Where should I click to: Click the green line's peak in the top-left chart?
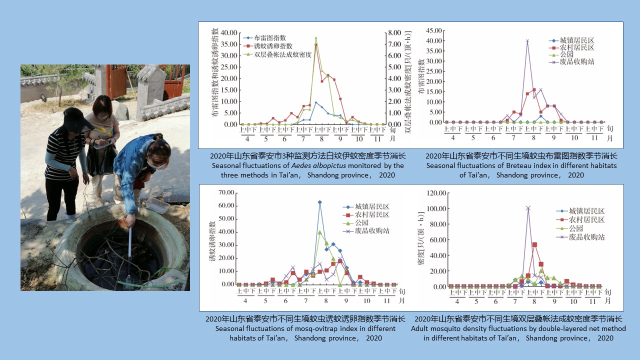pyautogui.click(x=315, y=37)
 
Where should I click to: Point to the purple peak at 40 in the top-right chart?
pyautogui.click(x=527, y=41)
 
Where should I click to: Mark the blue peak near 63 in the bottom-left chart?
pyautogui.click(x=319, y=202)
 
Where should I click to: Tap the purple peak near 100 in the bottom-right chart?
pyautogui.click(x=528, y=208)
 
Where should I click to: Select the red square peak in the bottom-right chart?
pyautogui.click(x=534, y=244)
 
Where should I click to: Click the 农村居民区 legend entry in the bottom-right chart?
pyautogui.click(x=586, y=220)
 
